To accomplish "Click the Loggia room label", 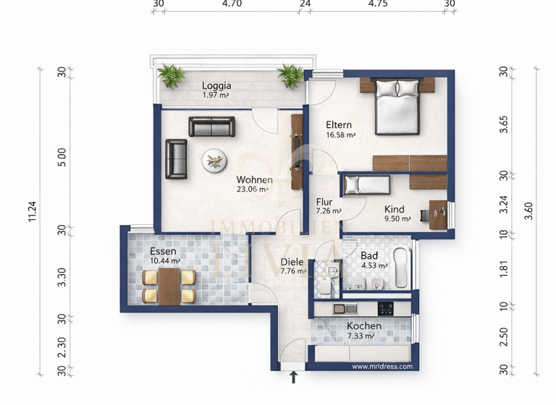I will tap(216, 85).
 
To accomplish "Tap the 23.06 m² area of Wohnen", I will tap(253, 190).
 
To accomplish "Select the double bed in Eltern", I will tap(397, 106).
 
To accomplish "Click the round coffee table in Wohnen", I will tap(213, 161).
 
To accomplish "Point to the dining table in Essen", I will tap(169, 286).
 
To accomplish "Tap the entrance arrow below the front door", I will tap(293, 377).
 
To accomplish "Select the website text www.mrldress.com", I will tap(382, 367).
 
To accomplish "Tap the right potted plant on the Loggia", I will tap(291, 74).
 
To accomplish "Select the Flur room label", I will tap(324, 202).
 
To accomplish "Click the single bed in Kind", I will tap(366, 185).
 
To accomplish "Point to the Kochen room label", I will tap(363, 325).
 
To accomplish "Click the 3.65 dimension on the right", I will tap(505, 124).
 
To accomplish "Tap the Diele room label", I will tap(292, 263).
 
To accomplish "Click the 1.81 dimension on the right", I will tap(505, 268).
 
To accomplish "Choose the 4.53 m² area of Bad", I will tap(374, 265).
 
